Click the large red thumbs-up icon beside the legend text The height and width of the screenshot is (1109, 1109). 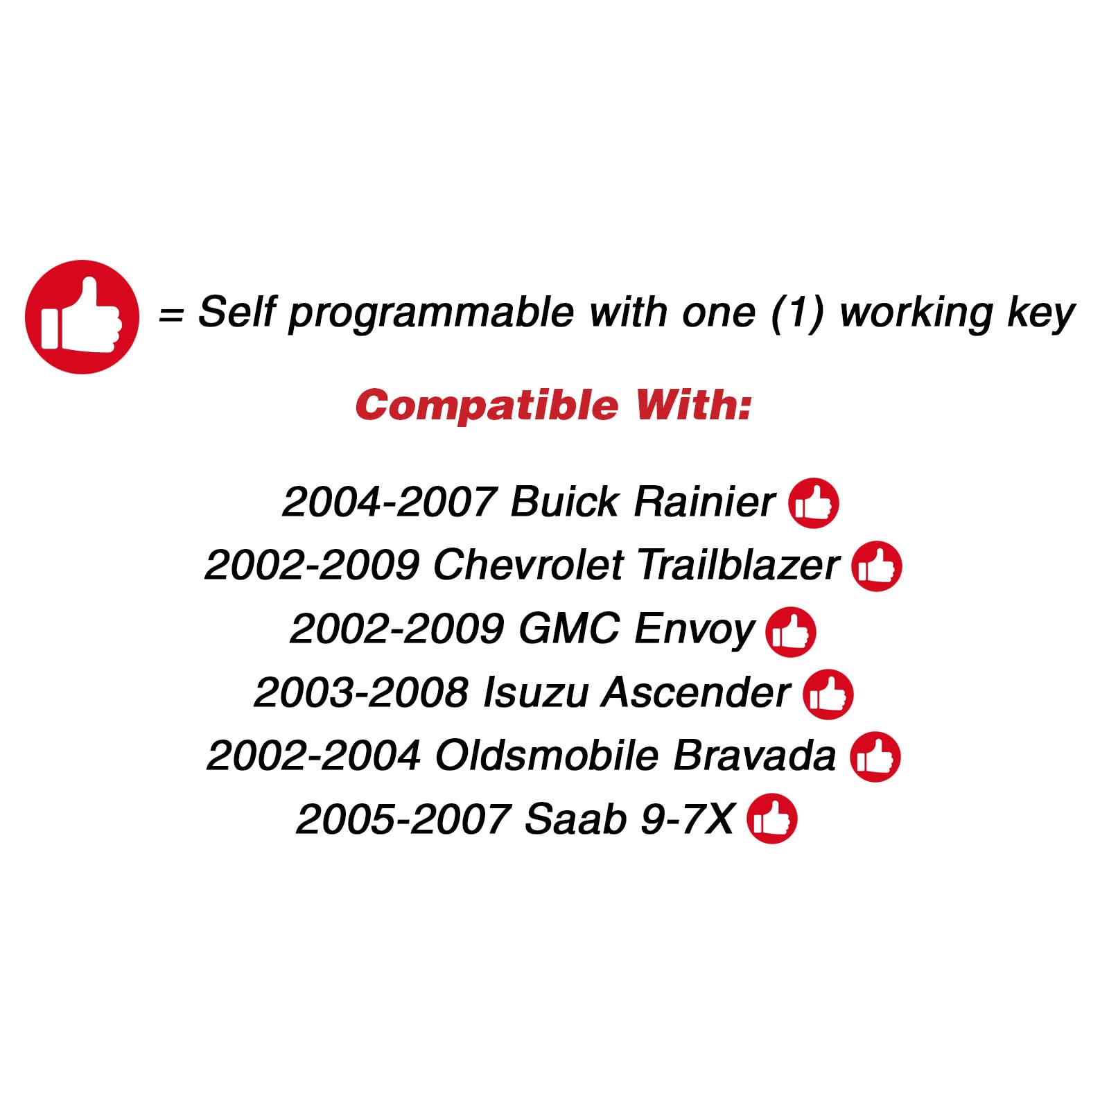(82, 317)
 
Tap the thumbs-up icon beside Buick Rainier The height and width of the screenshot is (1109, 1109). (813, 503)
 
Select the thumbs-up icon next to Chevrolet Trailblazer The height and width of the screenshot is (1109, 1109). (876, 566)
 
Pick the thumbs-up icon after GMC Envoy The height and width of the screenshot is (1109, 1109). (790, 631)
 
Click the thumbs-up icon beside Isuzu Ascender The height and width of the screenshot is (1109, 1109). (828, 694)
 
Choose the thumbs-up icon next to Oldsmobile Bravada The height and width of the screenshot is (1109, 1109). (875, 757)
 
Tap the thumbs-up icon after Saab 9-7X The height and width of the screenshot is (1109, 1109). (771, 819)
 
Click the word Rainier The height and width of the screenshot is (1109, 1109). (704, 502)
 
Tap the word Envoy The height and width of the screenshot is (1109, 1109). (693, 629)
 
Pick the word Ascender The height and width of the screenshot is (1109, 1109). (696, 692)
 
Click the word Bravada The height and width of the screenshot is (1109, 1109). (754, 756)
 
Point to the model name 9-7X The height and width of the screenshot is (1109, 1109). (686, 819)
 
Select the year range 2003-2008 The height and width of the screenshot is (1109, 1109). (361, 692)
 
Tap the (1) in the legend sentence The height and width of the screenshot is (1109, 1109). (797, 313)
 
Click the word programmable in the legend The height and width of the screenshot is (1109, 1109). (430, 314)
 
